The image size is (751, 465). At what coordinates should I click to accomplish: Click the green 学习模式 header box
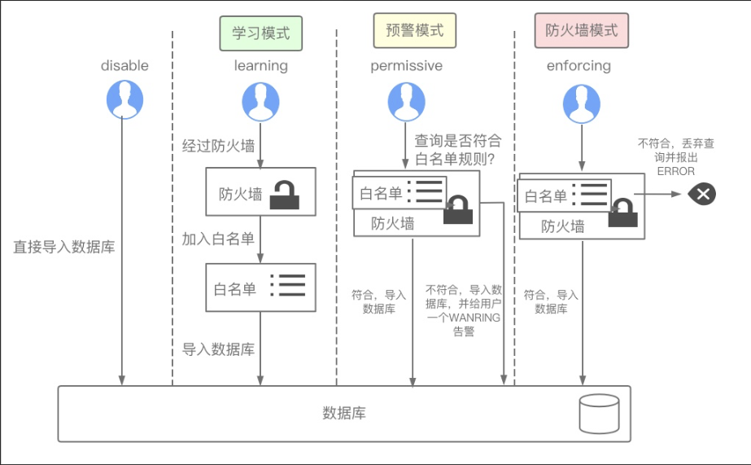tap(260, 34)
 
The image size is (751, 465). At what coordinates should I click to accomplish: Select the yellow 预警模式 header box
tap(414, 31)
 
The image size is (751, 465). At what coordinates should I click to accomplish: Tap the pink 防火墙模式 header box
tap(581, 31)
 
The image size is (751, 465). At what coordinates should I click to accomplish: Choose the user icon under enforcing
tap(582, 104)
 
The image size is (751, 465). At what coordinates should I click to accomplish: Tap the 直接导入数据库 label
tap(64, 247)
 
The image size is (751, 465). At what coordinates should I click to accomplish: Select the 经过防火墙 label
tap(218, 147)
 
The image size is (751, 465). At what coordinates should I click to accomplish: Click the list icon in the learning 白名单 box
tap(287, 285)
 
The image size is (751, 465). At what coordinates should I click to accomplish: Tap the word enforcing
tap(579, 66)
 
